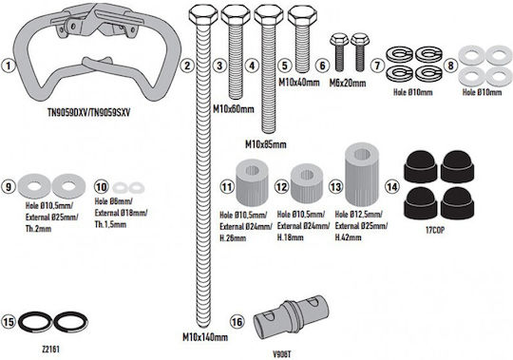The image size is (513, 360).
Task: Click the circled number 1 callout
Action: point(9,66)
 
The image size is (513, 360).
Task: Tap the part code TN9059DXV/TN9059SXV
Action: point(89,112)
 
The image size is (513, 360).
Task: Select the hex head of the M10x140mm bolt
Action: point(203,14)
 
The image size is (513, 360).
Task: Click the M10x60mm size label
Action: point(234,109)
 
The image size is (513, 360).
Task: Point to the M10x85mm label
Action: point(266,144)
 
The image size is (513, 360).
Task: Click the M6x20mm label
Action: point(348,83)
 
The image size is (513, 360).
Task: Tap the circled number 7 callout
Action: point(377,66)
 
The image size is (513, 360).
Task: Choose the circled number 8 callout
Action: point(450,66)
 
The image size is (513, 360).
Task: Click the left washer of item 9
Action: point(34,186)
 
